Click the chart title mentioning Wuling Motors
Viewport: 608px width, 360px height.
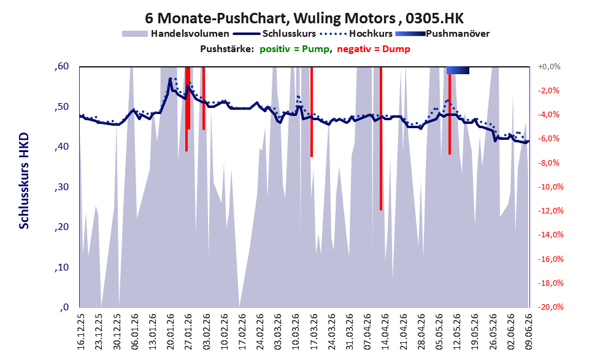[304, 18]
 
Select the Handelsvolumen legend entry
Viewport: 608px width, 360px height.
[175, 34]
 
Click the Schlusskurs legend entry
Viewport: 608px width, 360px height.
[275, 34]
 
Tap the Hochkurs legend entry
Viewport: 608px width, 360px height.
[356, 34]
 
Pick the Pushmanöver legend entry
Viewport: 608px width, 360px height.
[442, 34]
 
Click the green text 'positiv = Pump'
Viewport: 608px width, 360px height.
[294, 49]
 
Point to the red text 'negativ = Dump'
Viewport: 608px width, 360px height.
[374, 49]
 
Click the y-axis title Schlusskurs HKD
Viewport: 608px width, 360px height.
[24, 181]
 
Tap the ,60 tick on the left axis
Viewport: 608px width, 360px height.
[61, 66]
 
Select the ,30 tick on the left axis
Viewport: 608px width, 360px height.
[61, 187]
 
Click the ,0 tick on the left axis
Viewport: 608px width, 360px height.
[64, 307]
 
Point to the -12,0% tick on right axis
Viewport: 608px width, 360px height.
[550, 211]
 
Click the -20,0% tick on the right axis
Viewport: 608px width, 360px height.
[550, 307]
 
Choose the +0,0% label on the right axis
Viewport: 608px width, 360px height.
[549, 67]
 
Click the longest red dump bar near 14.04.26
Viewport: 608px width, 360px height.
[381, 139]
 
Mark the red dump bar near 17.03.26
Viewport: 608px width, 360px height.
[312, 112]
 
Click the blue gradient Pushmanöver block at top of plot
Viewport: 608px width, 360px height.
[458, 70]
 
